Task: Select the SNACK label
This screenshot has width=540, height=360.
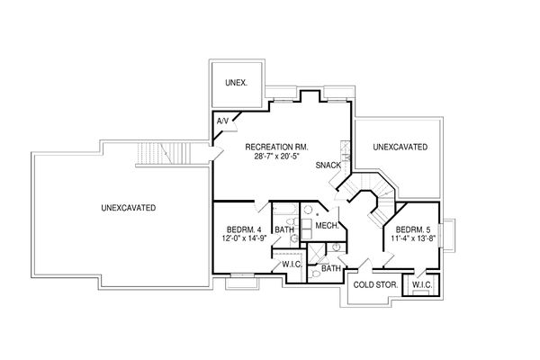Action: [x=328, y=166]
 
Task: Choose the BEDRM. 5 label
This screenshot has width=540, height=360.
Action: [x=413, y=229]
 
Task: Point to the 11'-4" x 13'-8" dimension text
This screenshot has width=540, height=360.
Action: [x=413, y=240]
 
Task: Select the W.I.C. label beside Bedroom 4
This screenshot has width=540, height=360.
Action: [x=290, y=264]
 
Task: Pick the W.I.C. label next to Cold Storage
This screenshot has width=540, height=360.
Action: [x=422, y=285]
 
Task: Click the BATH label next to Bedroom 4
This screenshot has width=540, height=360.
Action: [x=284, y=230]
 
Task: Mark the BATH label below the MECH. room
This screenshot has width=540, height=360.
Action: [x=331, y=268]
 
